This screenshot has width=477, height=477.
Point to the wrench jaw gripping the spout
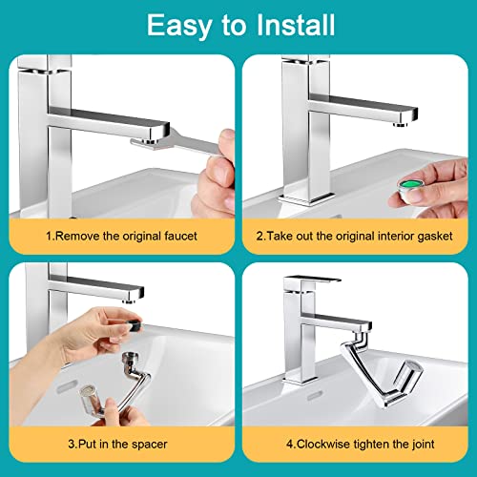point(153,142)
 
